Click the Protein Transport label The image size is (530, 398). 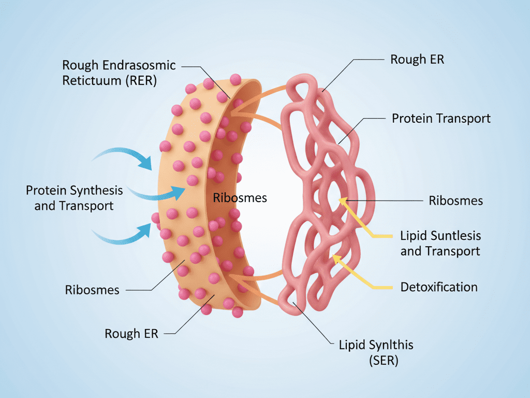[441, 118]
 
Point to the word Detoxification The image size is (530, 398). [439, 287]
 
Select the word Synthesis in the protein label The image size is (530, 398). [97, 190]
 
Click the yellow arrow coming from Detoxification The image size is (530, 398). [362, 273]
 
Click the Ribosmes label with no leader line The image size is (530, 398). [240, 197]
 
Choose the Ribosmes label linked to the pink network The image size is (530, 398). [456, 201]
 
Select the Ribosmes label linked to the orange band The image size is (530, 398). [92, 290]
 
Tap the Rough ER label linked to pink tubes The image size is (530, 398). [417, 59]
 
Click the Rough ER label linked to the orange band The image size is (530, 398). [131, 333]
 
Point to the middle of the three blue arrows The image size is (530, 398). [155, 194]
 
